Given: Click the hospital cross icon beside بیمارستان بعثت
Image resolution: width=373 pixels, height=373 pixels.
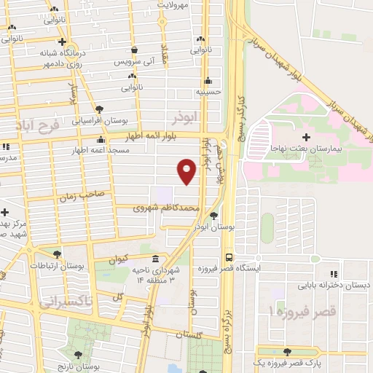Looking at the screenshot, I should [x=306, y=137].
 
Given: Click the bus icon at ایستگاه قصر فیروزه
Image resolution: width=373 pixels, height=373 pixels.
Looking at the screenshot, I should [x=229, y=257].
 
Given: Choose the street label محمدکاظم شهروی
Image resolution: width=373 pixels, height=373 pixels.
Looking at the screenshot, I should [x=166, y=208].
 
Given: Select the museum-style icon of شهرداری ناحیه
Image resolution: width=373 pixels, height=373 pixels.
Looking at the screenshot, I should [x=154, y=259].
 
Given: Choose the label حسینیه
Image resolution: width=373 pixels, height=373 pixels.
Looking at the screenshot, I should [x=208, y=93].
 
